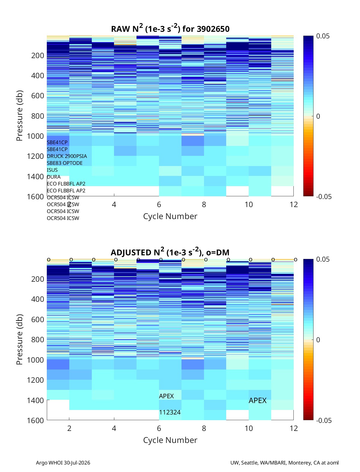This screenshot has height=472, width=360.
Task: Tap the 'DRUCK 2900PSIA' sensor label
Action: pos(67,156)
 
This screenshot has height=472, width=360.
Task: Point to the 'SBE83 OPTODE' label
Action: pos(64,163)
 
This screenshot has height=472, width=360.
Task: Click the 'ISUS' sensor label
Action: pos(52,170)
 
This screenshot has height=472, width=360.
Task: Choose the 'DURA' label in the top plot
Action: pos(54,177)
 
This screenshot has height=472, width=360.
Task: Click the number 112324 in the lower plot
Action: pos(169,412)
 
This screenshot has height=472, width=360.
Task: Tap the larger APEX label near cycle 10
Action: pos(257,400)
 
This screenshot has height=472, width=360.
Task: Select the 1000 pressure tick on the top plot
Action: pos(35,136)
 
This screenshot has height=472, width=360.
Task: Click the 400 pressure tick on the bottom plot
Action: pos(37,299)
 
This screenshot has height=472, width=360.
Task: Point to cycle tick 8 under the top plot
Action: pos(204,204)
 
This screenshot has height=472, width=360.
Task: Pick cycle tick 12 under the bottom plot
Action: pos(293,428)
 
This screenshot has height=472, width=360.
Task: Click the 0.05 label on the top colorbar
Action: pos(322,36)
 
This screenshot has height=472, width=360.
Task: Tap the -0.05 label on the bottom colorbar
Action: pos(324,420)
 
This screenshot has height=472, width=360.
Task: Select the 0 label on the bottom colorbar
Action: pos(318,340)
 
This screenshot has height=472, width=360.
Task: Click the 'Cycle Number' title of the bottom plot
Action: pos(170,440)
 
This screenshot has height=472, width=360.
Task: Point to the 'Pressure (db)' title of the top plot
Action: pos(19,115)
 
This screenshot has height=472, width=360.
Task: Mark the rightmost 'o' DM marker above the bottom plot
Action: pos(295,260)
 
